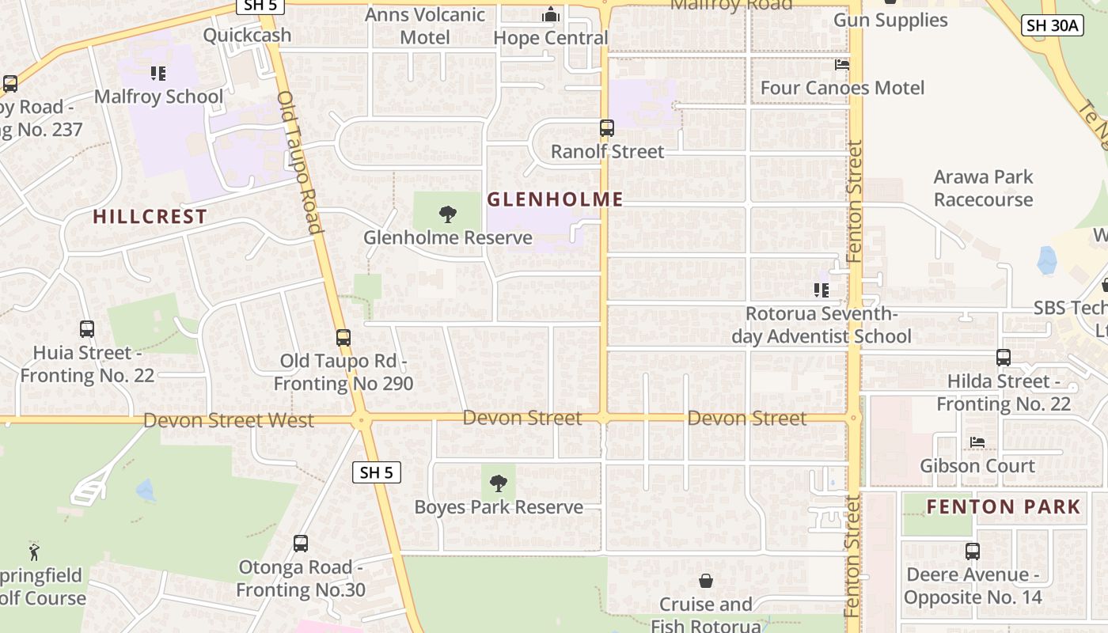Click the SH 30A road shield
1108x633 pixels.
pyautogui.click(x=1052, y=25)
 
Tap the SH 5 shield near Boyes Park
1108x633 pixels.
pyautogui.click(x=376, y=472)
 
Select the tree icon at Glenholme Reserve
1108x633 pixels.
pyautogui.click(x=448, y=214)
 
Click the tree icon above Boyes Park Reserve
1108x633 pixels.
pyautogui.click(x=499, y=483)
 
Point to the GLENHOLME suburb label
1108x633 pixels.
pyautogui.click(x=555, y=199)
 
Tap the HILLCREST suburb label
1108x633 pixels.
pyautogui.click(x=150, y=216)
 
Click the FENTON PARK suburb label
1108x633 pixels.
pyautogui.click(x=1004, y=506)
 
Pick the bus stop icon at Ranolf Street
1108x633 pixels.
pyautogui.click(x=607, y=127)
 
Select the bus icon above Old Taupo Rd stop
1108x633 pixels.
pyautogui.click(x=343, y=338)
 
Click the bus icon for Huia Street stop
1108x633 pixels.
pyautogui.click(x=87, y=328)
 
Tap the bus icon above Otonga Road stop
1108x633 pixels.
pyautogui.click(x=301, y=544)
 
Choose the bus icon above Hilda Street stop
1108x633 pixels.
pyautogui.click(x=1004, y=358)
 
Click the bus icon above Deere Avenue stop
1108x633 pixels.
pyautogui.click(x=973, y=552)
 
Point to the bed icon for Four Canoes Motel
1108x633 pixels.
pyautogui.click(x=842, y=64)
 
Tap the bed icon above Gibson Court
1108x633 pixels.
pyautogui.click(x=977, y=442)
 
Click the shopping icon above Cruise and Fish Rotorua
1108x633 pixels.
pyautogui.click(x=706, y=582)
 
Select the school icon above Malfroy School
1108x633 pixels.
pyautogui.click(x=158, y=74)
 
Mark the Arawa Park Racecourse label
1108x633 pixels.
pyautogui.click(x=983, y=188)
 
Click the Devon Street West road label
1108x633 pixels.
pyautogui.click(x=229, y=419)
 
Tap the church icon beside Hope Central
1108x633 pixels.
pyautogui.click(x=551, y=15)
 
